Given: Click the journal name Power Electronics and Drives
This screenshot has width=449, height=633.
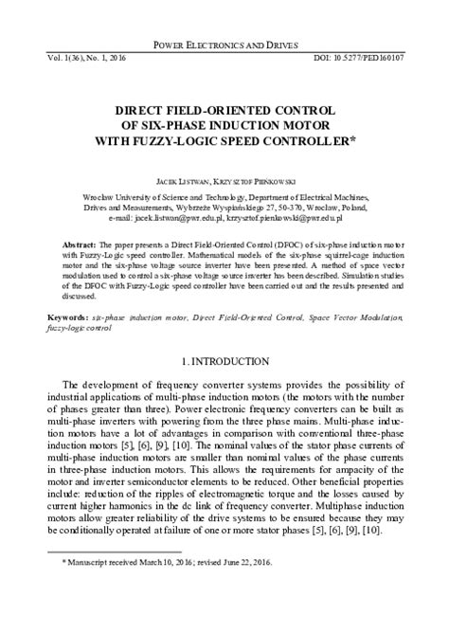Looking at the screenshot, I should coord(224,45).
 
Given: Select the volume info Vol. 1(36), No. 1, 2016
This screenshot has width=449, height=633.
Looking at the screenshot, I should coord(79,59).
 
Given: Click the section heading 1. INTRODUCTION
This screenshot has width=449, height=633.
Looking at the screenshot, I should coord(224,364).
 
